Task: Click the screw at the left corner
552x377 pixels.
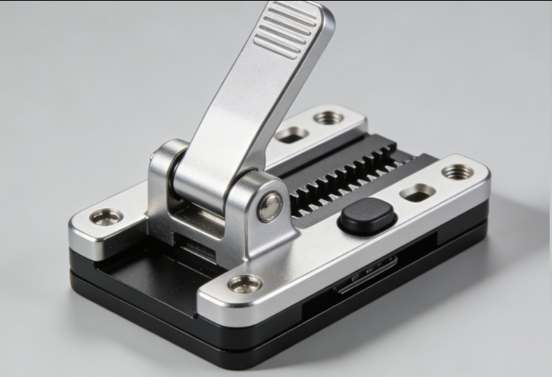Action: (x=106, y=217)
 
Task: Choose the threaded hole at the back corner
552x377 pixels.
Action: (x=329, y=119)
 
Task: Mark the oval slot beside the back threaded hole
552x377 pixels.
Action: (x=291, y=135)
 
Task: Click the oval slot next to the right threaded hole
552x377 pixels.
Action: (x=418, y=193)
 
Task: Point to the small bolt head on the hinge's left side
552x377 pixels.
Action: (x=156, y=156)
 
